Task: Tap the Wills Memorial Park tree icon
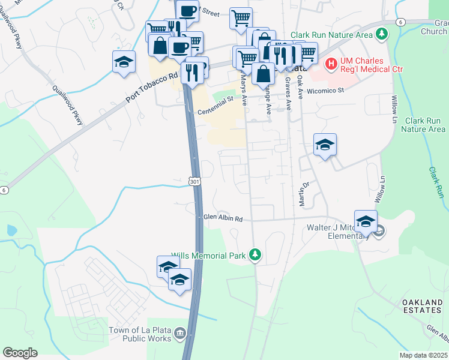click(x=256, y=256)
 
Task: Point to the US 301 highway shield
click(x=193, y=181)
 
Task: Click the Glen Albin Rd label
click(x=222, y=218)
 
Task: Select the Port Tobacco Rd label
click(x=152, y=87)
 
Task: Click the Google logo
click(x=20, y=353)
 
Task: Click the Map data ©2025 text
click(x=423, y=355)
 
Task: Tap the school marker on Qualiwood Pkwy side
click(x=124, y=62)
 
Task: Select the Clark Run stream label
click(x=436, y=182)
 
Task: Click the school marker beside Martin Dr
click(x=325, y=145)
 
